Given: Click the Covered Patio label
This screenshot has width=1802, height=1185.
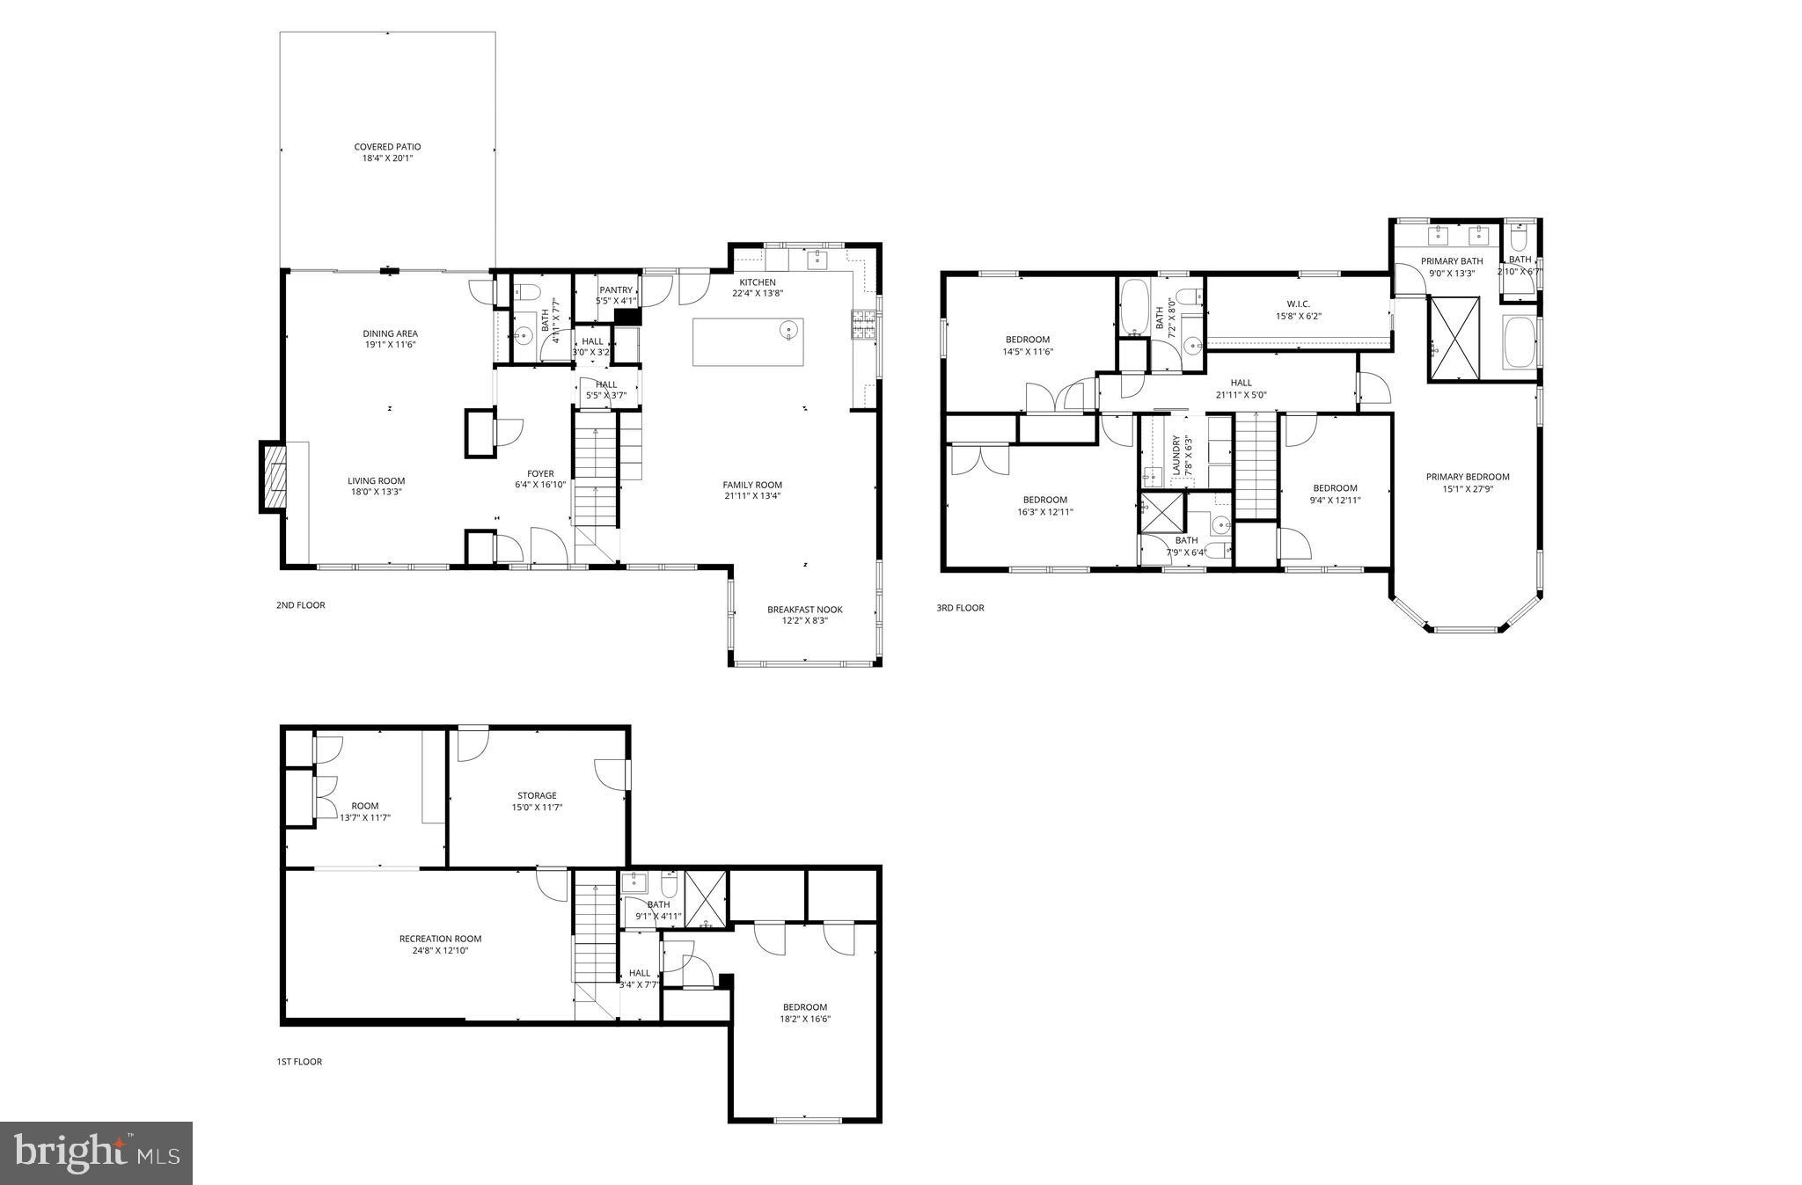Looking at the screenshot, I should coord(387,147).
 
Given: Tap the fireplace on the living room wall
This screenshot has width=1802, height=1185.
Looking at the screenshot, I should coord(274,477).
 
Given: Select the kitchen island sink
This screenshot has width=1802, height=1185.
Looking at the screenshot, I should coord(788,331).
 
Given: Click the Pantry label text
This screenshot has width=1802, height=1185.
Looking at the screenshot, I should coord(616,290).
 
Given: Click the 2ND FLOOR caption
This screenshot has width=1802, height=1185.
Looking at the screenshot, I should coord(301,605).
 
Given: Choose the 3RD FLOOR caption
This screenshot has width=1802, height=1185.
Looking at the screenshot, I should coord(960,608).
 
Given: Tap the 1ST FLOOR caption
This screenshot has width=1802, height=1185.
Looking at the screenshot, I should coord(299,1062).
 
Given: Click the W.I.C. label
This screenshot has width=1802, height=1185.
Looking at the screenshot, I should coord(1298,304).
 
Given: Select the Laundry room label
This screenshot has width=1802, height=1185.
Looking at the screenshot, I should coord(1176,456).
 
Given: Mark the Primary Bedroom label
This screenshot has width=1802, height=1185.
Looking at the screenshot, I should coord(1468,477).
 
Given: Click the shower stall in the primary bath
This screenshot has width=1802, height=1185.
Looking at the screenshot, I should coord(1454,339).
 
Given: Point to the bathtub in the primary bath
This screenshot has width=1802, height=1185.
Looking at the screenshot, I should coord(1520,342).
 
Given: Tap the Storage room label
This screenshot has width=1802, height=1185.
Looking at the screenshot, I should coord(537,795).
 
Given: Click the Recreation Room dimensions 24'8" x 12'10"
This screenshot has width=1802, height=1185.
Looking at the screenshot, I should coord(440,951).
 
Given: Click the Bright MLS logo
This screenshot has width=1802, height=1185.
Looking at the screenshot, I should coord(97,1153).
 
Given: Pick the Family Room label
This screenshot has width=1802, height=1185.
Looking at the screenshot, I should coord(752,485).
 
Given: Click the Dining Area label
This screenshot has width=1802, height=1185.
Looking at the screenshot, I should coord(390,333).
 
